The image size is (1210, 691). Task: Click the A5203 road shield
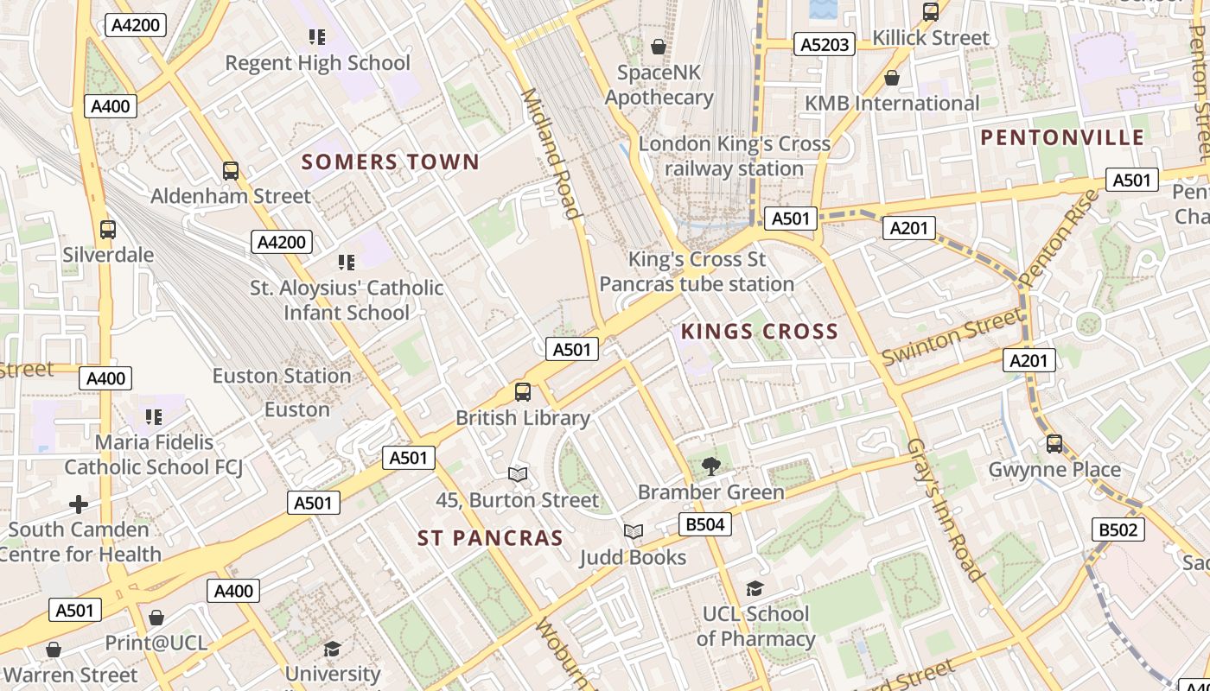(x=825, y=44)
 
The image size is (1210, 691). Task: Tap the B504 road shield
(x=704, y=524)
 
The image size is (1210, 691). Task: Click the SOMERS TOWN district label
(x=390, y=162)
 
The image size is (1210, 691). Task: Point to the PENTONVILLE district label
(x=1062, y=137)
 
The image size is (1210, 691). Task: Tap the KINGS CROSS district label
(x=759, y=332)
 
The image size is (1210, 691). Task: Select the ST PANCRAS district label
(x=490, y=538)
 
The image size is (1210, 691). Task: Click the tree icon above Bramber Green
(x=710, y=466)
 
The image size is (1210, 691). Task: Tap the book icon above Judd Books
(x=634, y=532)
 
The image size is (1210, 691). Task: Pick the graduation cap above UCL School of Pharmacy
(x=755, y=589)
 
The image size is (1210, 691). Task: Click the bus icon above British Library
(x=523, y=392)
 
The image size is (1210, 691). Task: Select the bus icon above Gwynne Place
(x=1054, y=444)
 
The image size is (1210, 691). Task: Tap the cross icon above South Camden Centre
(x=79, y=504)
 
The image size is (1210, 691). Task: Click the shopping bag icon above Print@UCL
(x=156, y=618)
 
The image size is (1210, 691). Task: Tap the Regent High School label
(x=317, y=63)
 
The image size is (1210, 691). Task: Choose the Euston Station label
(x=282, y=376)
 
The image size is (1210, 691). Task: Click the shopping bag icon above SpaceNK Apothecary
(x=659, y=47)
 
